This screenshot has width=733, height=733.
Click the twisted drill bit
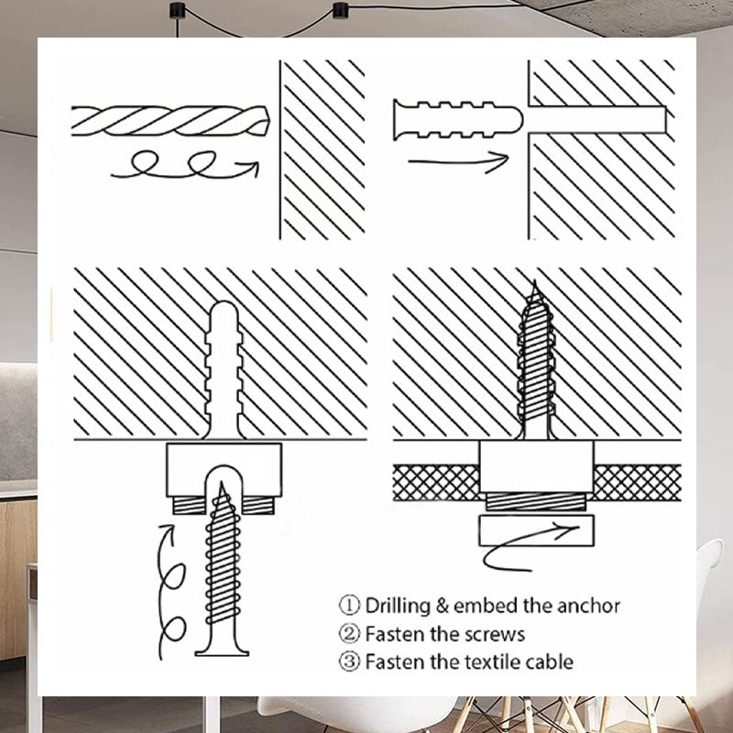170,121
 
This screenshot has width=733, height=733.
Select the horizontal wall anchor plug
457,120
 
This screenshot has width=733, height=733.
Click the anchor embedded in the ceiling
224,370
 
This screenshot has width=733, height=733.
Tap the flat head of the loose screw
222,650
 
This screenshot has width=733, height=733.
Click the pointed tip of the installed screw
535,281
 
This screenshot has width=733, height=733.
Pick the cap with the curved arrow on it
536,531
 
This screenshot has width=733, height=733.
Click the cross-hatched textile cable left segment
436,483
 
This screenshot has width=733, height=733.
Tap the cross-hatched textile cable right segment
637,483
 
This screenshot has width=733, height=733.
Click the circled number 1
349,606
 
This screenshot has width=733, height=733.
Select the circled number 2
349,634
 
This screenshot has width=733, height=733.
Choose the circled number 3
349,662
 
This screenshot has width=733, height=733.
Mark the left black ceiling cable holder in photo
177,9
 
